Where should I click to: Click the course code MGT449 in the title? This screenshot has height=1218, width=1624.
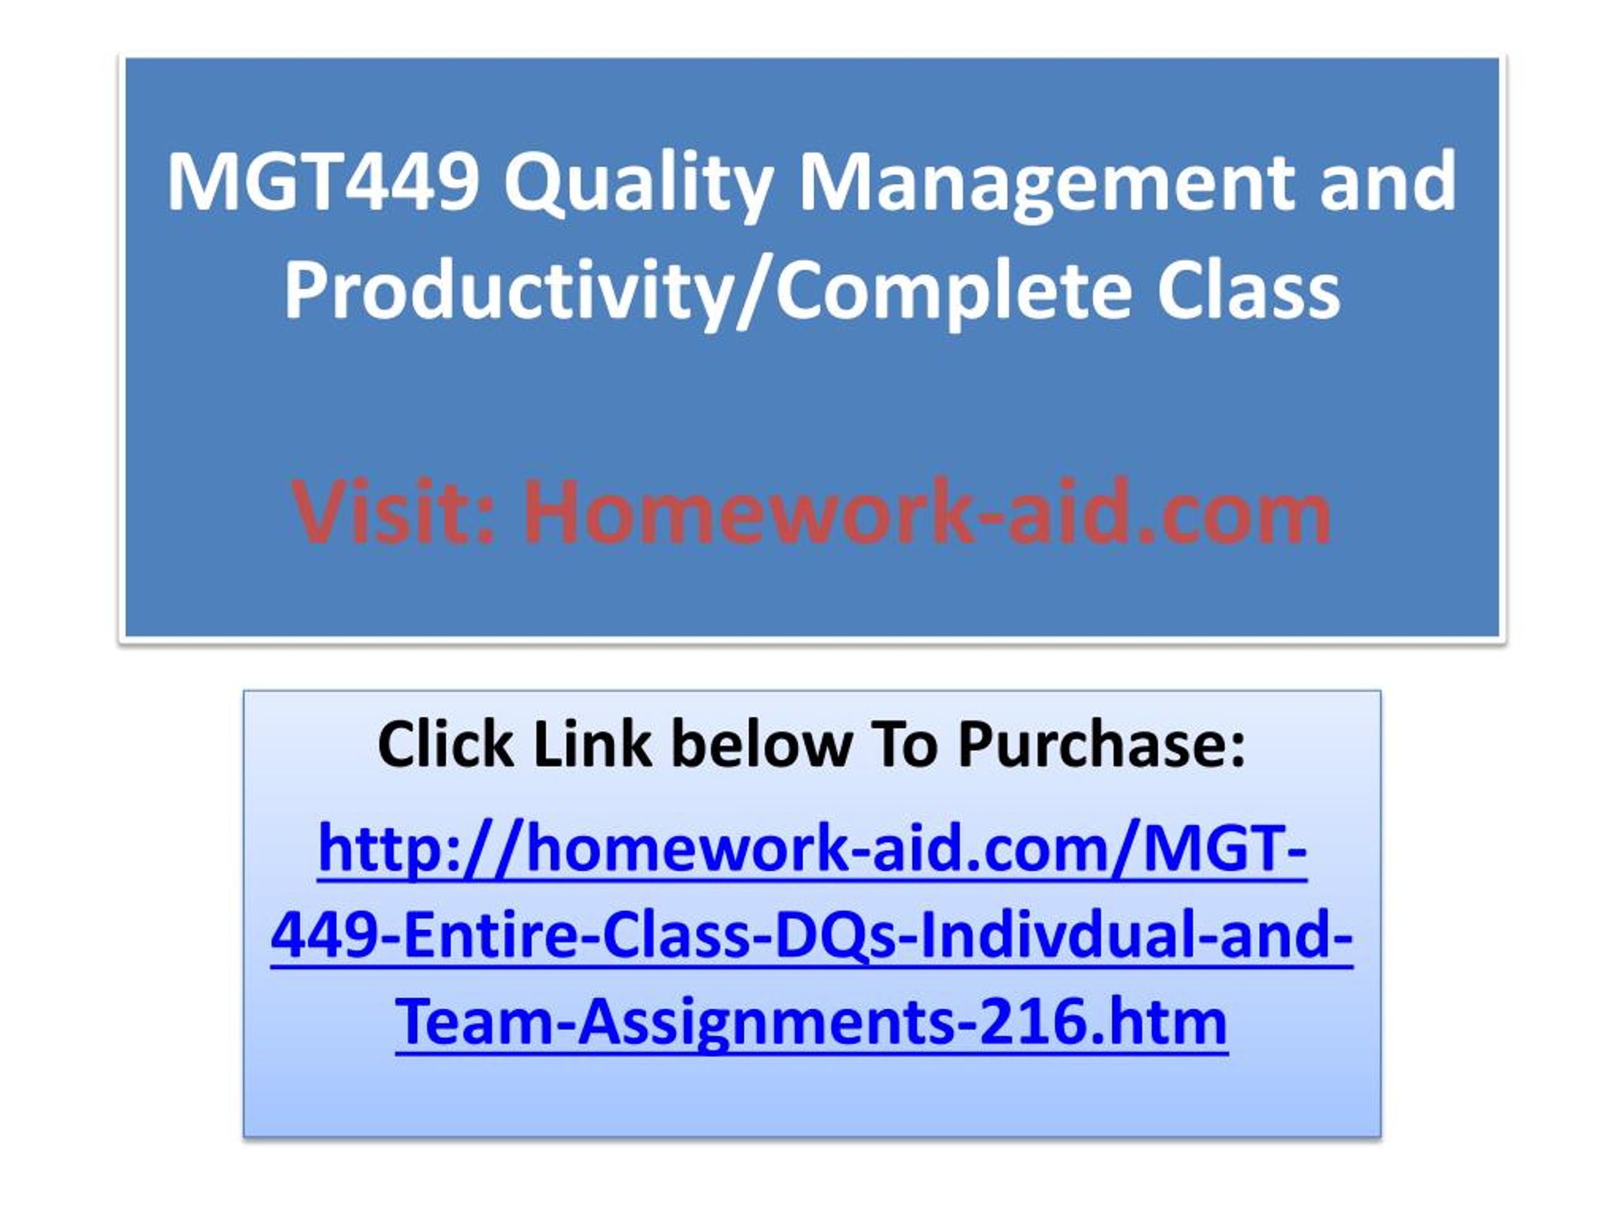[x=323, y=181]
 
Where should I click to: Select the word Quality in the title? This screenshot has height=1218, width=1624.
[x=638, y=186]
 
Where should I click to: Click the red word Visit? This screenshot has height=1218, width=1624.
[x=393, y=512]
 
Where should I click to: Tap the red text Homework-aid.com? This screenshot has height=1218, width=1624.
[x=927, y=512]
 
